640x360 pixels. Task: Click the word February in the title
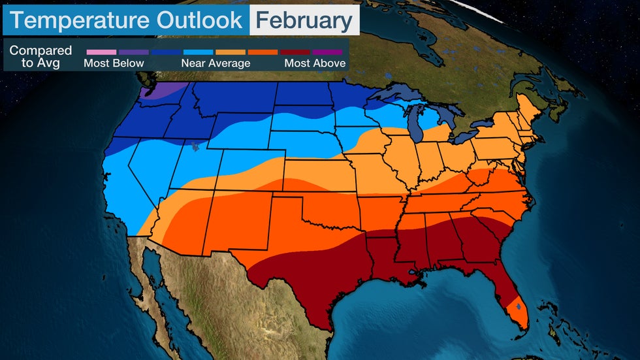click(x=304, y=21)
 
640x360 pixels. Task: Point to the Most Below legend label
click(x=114, y=63)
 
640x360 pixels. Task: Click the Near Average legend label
click(x=216, y=63)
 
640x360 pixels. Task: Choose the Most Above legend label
click(x=315, y=63)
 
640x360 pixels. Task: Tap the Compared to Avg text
click(x=40, y=57)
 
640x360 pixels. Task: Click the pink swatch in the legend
click(x=101, y=52)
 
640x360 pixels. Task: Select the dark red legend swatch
click(x=295, y=52)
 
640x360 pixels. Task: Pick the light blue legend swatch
click(x=198, y=52)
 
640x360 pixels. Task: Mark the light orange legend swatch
click(x=230, y=52)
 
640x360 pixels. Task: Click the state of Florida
click(x=507, y=287)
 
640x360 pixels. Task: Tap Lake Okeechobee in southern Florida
click(x=518, y=305)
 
